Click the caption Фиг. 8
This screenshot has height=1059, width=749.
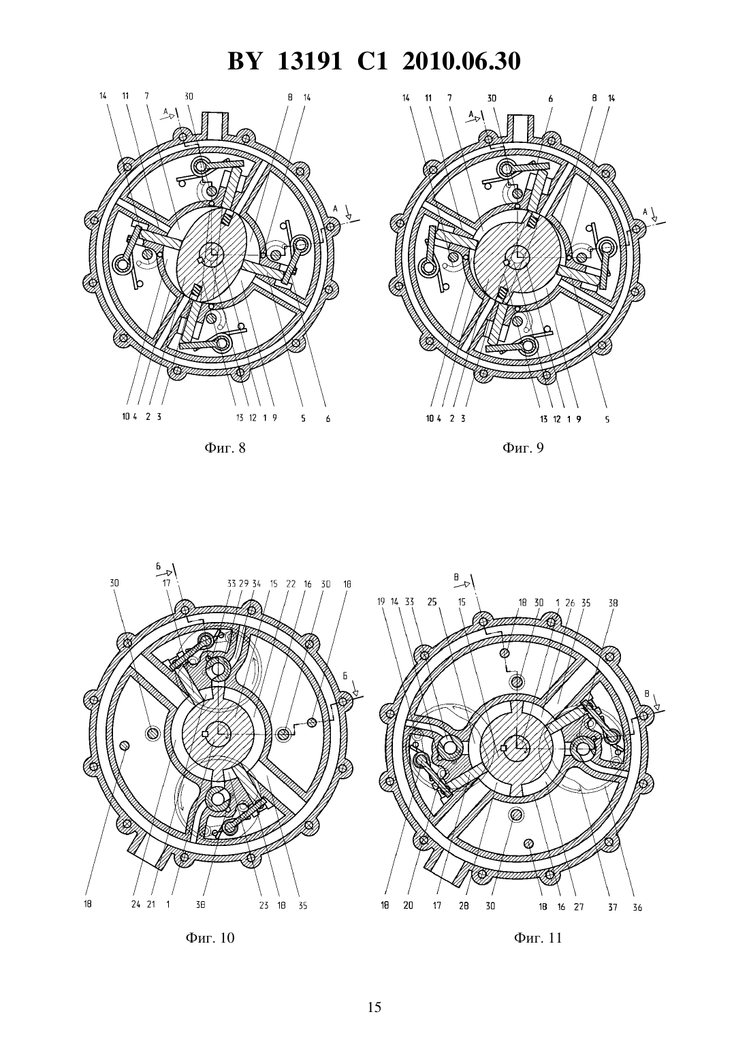[225, 448]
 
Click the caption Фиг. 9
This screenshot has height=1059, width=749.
[523, 448]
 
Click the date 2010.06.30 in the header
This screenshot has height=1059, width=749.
[462, 61]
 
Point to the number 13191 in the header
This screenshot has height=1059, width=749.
[310, 61]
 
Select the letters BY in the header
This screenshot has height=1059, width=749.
[244, 61]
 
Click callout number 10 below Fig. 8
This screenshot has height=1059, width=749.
[125, 417]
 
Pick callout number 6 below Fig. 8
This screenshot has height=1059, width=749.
[328, 419]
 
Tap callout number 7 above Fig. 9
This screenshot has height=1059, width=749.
[449, 98]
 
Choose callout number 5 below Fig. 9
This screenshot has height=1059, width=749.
[607, 419]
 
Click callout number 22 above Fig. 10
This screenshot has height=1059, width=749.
[290, 584]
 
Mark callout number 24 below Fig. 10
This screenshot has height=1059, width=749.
[136, 905]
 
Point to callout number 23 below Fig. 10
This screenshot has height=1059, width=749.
[264, 905]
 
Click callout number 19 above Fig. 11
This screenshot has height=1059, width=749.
[381, 602]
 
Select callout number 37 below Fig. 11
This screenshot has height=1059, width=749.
[612, 907]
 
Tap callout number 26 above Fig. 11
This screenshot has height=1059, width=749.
[571, 603]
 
